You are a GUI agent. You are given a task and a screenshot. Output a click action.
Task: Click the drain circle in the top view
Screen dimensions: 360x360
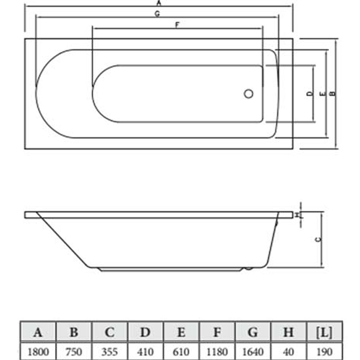(249, 94)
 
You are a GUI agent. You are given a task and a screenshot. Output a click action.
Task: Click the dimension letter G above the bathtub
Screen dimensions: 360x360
(157, 14)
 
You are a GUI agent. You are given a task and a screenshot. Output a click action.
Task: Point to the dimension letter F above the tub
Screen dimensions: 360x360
(177, 25)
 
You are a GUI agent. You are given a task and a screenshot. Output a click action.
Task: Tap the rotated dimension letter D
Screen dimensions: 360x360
(310, 94)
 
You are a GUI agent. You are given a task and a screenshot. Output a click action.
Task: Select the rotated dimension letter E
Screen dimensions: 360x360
(323, 94)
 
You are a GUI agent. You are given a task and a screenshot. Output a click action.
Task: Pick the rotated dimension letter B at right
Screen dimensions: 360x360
(332, 94)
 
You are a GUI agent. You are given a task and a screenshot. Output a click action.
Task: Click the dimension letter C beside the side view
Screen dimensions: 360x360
(319, 240)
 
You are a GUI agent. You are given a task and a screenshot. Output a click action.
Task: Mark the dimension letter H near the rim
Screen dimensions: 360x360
(297, 215)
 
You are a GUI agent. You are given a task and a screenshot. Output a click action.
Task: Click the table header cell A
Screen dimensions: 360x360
(38, 332)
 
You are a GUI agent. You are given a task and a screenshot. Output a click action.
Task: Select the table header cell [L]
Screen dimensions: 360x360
(324, 332)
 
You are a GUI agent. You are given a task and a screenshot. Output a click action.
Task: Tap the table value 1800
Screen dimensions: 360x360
(38, 352)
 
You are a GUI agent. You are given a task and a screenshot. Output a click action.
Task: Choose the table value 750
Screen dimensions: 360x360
(74, 352)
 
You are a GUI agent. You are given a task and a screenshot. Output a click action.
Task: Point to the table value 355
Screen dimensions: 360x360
(110, 352)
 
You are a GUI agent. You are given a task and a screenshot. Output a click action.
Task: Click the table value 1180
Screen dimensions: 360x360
(217, 352)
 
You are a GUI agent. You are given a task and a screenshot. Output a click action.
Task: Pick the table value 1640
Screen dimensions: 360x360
(253, 352)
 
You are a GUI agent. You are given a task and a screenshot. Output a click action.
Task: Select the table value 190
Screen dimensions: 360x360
(324, 352)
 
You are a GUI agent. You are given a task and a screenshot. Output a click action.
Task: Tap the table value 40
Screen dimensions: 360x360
(288, 352)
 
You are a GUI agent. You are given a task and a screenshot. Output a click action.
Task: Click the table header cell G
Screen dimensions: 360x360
(253, 332)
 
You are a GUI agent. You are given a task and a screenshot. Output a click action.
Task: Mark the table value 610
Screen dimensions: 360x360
(181, 352)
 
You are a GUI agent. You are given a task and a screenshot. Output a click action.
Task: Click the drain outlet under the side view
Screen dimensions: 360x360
(249, 268)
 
